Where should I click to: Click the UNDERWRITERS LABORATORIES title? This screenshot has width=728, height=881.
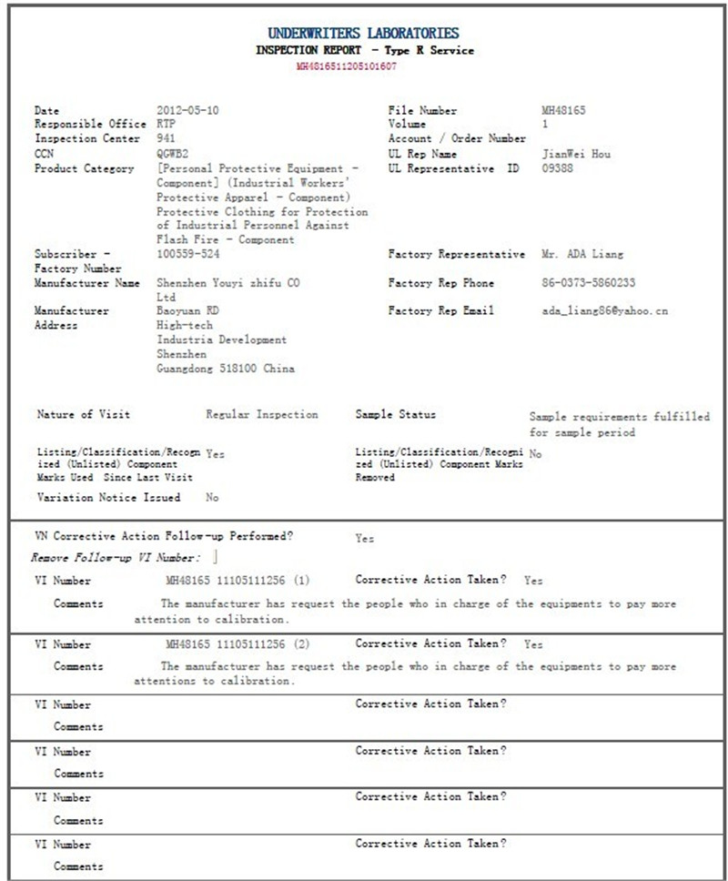[x=363, y=34]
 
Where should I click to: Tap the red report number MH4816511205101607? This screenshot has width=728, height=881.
[x=346, y=66]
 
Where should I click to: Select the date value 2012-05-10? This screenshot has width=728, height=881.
[x=187, y=111]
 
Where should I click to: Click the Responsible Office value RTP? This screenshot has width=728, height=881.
[x=167, y=125]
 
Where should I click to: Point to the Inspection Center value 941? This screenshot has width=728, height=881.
[x=166, y=139]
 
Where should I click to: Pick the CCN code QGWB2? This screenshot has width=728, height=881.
[x=174, y=154]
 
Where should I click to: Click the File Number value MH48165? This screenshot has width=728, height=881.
[x=563, y=111]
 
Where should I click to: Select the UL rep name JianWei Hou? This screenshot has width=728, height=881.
[x=575, y=154]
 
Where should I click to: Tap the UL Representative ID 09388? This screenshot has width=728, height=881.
[x=557, y=168]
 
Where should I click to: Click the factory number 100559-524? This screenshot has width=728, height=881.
[x=187, y=254]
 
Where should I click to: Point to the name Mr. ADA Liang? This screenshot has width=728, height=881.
[x=582, y=254]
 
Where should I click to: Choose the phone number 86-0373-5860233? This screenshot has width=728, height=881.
[x=588, y=283]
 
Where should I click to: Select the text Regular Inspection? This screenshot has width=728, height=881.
[x=262, y=415]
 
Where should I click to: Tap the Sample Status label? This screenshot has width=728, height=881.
[x=395, y=415]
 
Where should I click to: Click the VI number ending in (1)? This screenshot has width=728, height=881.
[x=238, y=581]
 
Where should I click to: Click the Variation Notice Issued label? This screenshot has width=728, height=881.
[x=108, y=498]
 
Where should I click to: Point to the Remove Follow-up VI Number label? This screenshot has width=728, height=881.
[x=116, y=557]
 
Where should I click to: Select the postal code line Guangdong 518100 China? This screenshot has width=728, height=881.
[x=226, y=369]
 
